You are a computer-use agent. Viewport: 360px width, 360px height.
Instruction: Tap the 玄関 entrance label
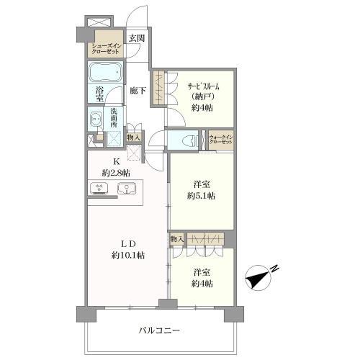pyautogui.click(x=136, y=39)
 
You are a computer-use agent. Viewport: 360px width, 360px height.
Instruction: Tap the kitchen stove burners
pyautogui.click(x=99, y=190)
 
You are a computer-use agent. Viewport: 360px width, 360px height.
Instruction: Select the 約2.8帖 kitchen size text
pyautogui.click(x=115, y=173)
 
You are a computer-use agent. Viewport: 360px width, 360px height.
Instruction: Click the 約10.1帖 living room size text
pyautogui.click(x=128, y=255)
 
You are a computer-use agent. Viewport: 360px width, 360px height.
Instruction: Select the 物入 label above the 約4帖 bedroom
pyautogui.click(x=177, y=238)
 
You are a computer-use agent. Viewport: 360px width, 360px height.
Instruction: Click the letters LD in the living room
pyautogui.click(x=127, y=243)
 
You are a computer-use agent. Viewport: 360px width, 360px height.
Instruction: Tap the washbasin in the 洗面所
pyautogui.click(x=96, y=120)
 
